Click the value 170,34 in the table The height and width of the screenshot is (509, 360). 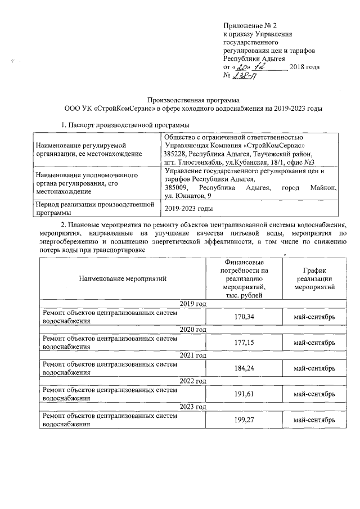click(244, 317)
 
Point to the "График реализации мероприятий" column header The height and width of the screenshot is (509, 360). click(314, 278)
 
